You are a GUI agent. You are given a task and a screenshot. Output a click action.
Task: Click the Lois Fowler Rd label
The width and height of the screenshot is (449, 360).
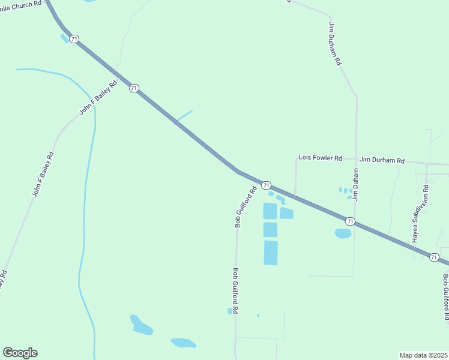(320, 158)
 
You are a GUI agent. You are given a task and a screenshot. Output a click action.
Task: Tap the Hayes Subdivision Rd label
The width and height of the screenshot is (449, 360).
(420, 214)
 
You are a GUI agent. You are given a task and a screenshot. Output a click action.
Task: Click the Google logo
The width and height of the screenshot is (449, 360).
(20, 353)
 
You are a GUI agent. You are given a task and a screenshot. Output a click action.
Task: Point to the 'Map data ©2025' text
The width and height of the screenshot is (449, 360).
(424, 355)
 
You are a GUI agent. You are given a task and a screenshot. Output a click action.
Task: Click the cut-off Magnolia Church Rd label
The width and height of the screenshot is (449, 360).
(21, 5)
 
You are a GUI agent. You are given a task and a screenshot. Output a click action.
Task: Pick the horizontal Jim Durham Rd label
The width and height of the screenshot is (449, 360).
(382, 161)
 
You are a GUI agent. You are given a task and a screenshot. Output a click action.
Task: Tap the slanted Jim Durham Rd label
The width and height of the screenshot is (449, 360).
(334, 44)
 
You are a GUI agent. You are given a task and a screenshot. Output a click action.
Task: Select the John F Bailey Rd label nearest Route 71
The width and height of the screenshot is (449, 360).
(97, 97)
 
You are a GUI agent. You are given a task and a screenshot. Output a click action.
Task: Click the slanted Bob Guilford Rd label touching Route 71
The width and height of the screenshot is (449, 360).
(246, 206)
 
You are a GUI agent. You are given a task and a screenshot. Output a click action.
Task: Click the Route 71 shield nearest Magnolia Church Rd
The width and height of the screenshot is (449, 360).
(74, 39)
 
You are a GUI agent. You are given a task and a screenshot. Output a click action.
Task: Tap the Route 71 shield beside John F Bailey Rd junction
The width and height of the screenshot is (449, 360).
(134, 88)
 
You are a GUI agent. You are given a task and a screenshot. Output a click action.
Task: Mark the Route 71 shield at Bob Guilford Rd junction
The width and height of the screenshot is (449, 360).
(267, 185)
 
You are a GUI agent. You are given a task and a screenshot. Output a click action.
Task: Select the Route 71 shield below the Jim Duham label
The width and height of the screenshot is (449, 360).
(350, 222)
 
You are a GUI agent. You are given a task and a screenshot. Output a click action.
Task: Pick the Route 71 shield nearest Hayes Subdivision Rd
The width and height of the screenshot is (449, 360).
(433, 257)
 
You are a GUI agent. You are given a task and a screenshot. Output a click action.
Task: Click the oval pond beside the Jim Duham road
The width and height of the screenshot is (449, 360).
(343, 233)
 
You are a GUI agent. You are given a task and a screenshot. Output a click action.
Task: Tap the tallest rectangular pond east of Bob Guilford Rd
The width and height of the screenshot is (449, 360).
(271, 253)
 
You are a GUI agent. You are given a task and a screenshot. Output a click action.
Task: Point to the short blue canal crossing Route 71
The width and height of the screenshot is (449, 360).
(183, 117)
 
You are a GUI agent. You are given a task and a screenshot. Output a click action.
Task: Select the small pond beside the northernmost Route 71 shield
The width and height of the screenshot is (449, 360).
(64, 39)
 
